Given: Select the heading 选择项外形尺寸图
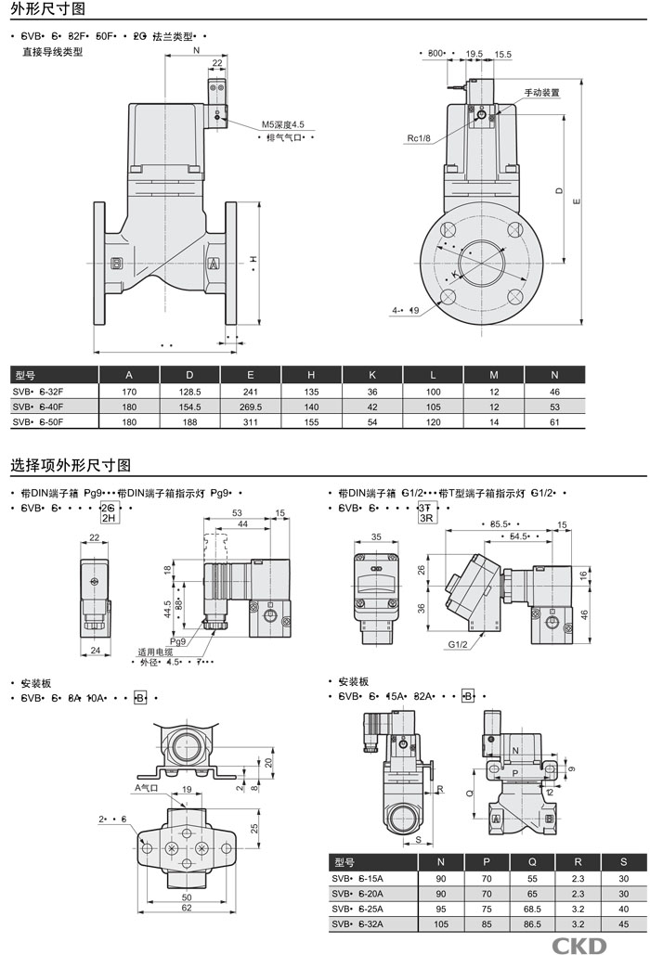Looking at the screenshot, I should tap(71, 464).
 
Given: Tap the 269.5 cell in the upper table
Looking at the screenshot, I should tap(251, 407).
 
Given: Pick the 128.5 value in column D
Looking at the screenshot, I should tap(189, 392).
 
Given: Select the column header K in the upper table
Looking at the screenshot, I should tap(372, 375).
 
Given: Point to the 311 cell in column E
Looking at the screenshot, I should tap(251, 422).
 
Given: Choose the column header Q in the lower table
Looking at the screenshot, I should tap(532, 862).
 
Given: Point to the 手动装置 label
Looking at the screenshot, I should tap(542, 93).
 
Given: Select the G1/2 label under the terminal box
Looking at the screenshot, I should tap(457, 643).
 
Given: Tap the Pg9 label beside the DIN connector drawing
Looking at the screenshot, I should tap(178, 640).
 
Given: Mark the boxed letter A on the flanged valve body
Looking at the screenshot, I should tap(213, 265).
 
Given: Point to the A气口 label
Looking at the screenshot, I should tap(148, 787).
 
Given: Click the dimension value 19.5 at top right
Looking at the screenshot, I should tap(474, 55).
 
